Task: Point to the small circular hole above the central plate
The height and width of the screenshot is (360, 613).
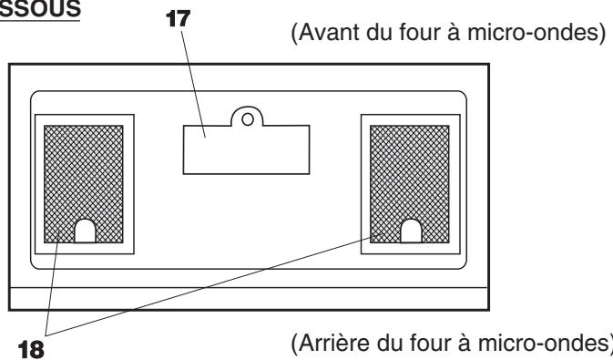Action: click(x=245, y=117)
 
